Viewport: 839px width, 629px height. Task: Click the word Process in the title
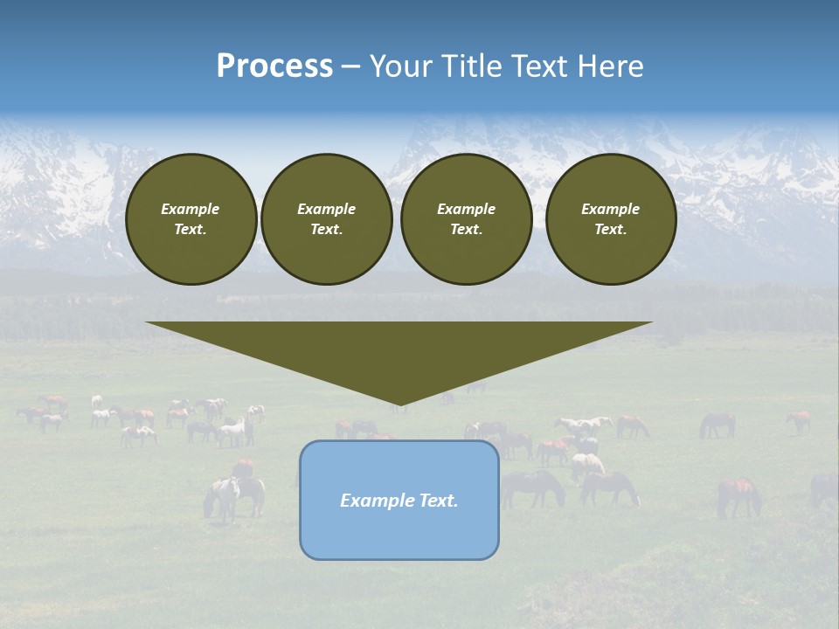pyautogui.click(x=274, y=66)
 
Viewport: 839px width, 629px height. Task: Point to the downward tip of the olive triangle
pyautogui.click(x=399, y=404)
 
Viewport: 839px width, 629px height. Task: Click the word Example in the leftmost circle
pyautogui.click(x=191, y=209)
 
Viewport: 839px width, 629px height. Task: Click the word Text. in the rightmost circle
pyautogui.click(x=610, y=229)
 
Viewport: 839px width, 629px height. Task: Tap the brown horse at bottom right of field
pyautogui.click(x=738, y=494)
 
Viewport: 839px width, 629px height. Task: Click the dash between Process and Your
pyautogui.click(x=351, y=66)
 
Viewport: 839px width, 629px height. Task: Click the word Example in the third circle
pyautogui.click(x=466, y=209)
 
